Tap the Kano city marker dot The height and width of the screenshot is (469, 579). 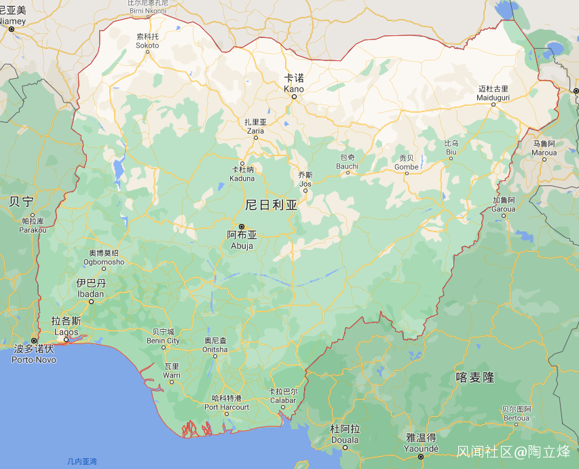[x=294, y=96]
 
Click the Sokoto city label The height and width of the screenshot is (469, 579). [x=147, y=41]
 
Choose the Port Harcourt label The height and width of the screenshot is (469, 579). [x=227, y=402]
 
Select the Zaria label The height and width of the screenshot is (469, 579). [x=256, y=126]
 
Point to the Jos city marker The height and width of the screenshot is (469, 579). [x=305, y=191]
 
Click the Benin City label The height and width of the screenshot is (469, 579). [x=164, y=336]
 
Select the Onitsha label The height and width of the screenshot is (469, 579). [x=216, y=345]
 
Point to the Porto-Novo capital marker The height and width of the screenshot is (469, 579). [x=34, y=341]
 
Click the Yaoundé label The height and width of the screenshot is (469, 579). [x=421, y=443]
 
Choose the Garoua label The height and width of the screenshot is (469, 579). [x=504, y=204]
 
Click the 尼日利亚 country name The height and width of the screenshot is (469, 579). [x=272, y=204]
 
